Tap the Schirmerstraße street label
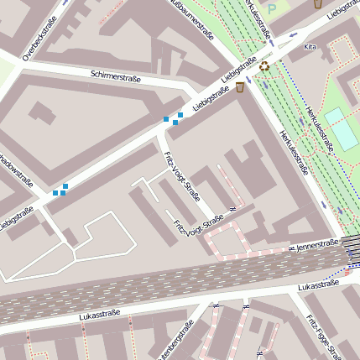116,77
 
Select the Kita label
310,47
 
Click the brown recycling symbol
265,65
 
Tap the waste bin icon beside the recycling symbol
240,86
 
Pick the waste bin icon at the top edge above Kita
318,3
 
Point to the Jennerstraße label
317,245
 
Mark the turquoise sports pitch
341,129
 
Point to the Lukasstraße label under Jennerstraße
318,286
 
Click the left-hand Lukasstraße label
100,315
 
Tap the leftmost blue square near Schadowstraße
55,193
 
